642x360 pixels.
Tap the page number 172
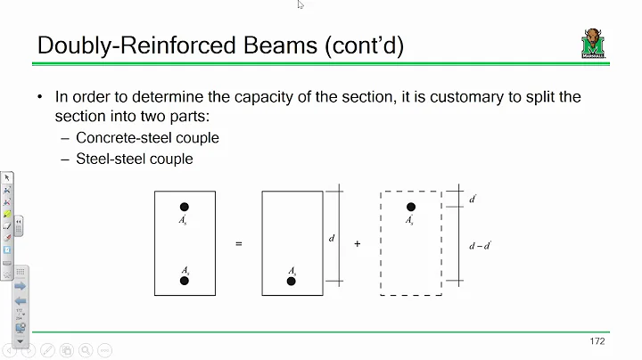[598, 341]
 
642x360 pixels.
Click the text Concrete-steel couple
[147, 138]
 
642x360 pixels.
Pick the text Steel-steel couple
[134, 160]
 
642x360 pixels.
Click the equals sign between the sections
[239, 242]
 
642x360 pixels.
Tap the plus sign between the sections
[358, 242]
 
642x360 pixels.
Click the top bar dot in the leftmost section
[185, 207]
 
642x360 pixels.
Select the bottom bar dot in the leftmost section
[185, 281]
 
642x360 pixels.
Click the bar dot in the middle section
[292, 281]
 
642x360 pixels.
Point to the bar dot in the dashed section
[410, 207]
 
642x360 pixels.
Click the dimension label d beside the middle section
[332, 238]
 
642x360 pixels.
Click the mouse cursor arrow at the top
[300, 4]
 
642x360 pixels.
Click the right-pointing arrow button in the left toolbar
[20, 286]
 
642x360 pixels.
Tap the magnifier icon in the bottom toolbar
[85, 350]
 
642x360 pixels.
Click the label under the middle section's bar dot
[292, 269]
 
